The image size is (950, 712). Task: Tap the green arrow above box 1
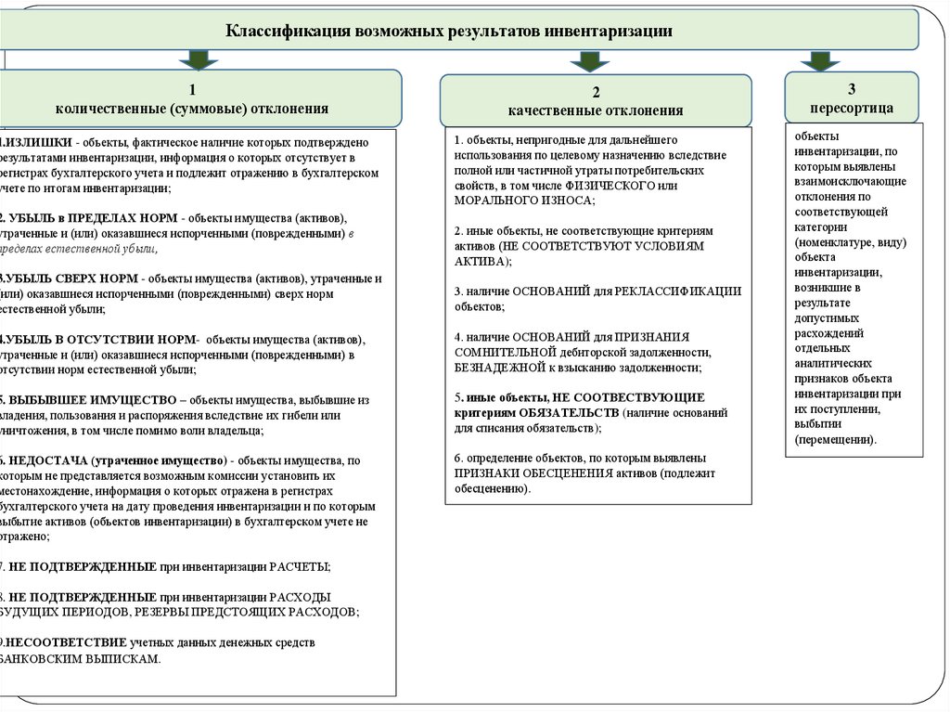pyautogui.click(x=197, y=60)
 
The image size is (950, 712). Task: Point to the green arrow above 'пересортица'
pyautogui.click(x=819, y=60)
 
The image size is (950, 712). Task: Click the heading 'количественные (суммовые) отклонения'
pyautogui.click(x=192, y=109)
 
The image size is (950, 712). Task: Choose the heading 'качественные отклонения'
pyautogui.click(x=596, y=110)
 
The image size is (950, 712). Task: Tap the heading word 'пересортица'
pyautogui.click(x=851, y=108)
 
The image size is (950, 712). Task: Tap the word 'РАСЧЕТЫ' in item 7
pyautogui.click(x=299, y=566)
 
